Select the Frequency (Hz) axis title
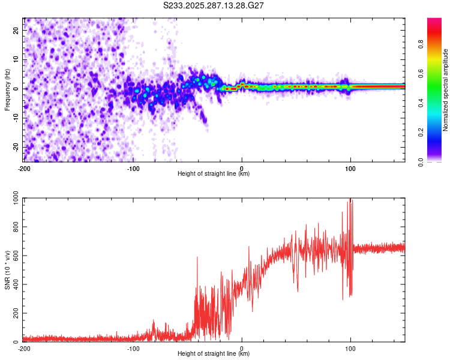pos(7,90)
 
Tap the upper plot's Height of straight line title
pos(214,173)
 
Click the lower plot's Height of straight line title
pos(214,353)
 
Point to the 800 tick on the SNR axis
pos(15,227)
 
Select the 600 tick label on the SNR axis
pos(15,256)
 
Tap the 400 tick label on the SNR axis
pos(15,285)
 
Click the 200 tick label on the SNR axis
pos(15,314)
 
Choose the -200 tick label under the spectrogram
pos(24,168)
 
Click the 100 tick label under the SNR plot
pos(350,348)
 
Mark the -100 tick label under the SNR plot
pos(133,348)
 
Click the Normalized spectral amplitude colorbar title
pos(446,90)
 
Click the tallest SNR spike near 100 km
pos(350,200)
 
